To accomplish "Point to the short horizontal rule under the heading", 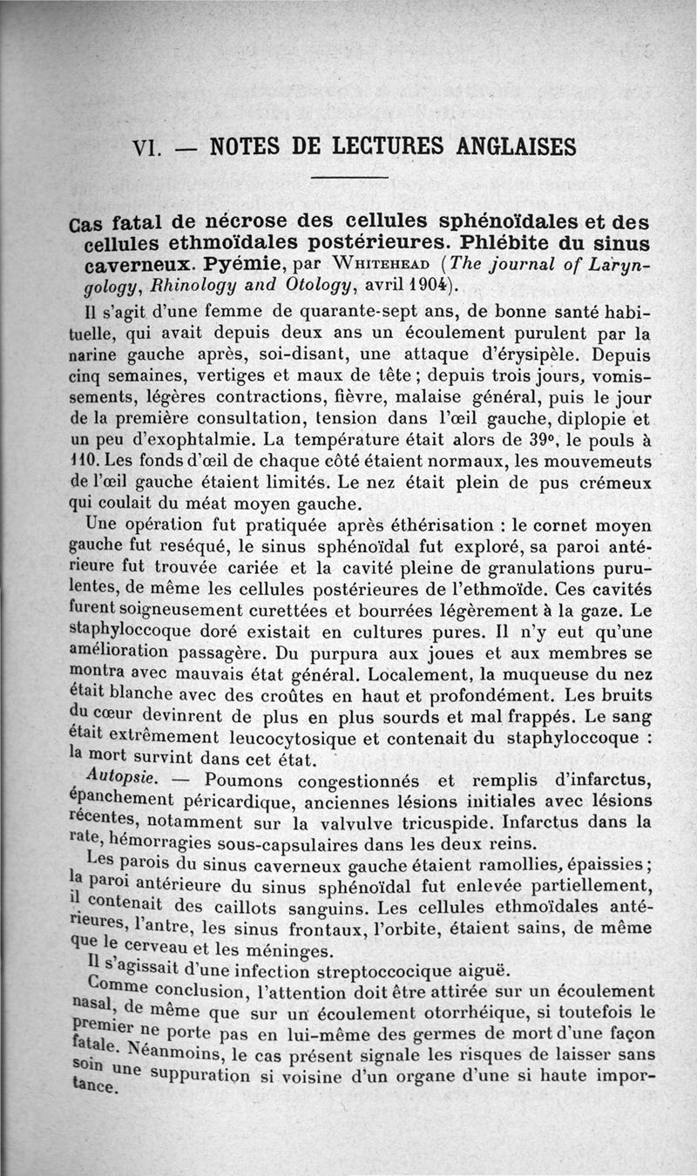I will pos(348,179).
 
